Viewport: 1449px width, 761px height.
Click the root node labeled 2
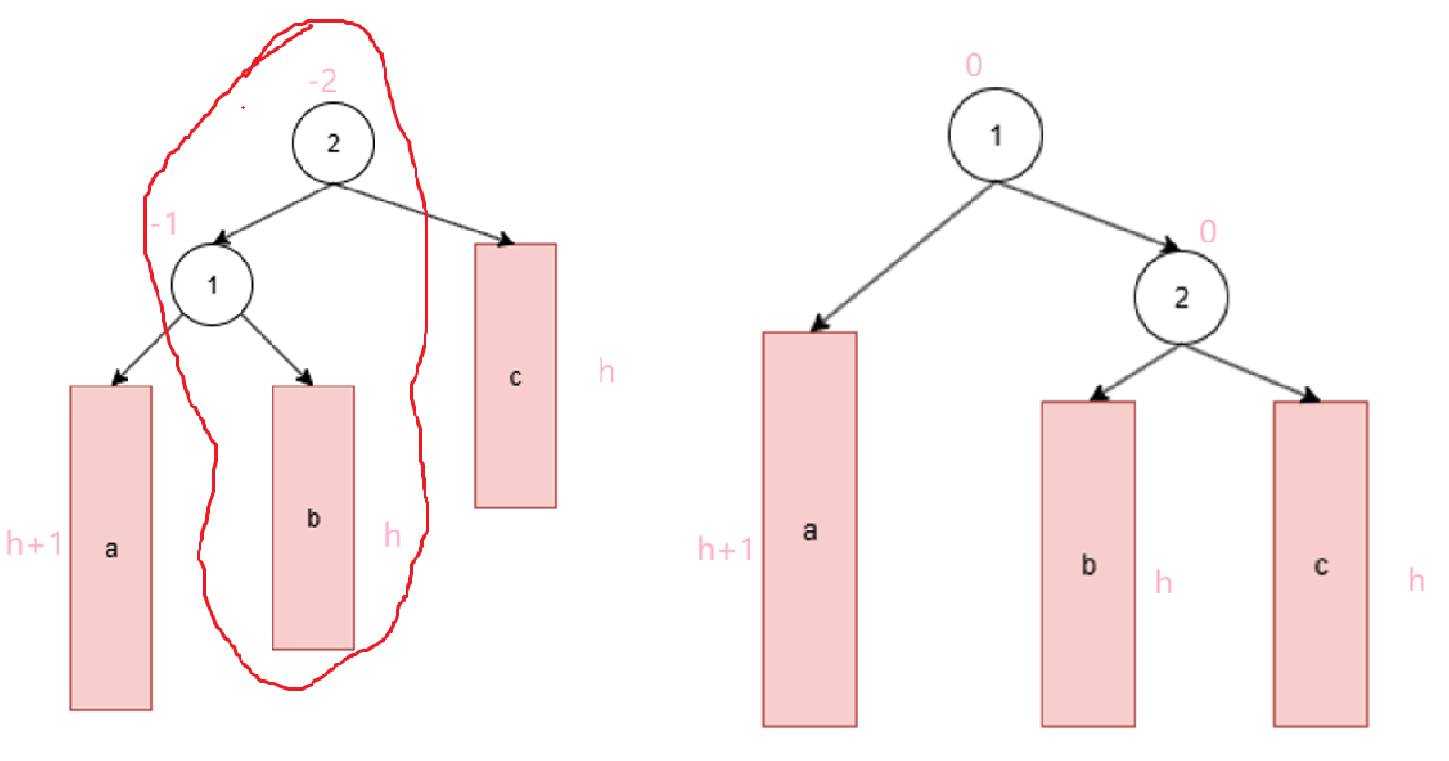[333, 143]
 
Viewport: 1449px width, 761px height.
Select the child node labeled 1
[212, 285]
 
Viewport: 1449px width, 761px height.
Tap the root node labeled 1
[995, 136]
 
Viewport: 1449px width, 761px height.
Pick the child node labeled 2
[1181, 297]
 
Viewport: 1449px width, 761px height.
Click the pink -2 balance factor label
[323, 82]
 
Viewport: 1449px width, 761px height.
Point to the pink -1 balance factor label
[164, 223]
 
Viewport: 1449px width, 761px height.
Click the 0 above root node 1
[973, 65]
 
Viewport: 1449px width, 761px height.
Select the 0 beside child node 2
[1207, 231]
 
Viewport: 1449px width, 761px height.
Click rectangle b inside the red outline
[313, 517]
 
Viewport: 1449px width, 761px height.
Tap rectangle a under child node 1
[111, 547]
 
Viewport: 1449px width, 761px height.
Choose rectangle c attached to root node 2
[515, 375]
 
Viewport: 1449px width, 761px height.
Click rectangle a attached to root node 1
[809, 530]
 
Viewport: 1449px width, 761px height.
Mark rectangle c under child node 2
[1321, 564]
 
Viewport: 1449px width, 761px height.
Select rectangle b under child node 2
[1088, 564]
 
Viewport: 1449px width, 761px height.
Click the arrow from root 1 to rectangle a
[901, 256]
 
